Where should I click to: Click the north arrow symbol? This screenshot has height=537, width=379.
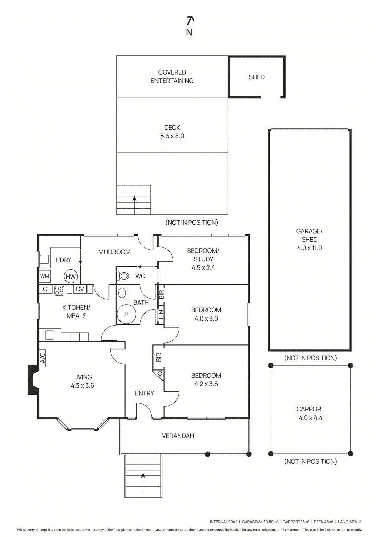[x=190, y=21]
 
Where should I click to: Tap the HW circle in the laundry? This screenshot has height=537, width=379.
[x=71, y=277]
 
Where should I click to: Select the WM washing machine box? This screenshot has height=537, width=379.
[x=45, y=276]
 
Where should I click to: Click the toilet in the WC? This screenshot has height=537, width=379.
[x=123, y=276]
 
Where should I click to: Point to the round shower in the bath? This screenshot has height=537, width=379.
[x=126, y=314]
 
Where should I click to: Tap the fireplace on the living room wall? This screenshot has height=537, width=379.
[x=33, y=380]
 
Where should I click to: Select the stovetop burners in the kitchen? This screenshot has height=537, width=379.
[x=59, y=290]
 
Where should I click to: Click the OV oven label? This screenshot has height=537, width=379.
[x=80, y=289]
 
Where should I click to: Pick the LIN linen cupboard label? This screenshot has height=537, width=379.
[x=161, y=314]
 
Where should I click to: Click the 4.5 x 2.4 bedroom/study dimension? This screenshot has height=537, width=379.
[x=203, y=267]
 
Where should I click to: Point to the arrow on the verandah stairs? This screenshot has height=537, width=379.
[x=143, y=476]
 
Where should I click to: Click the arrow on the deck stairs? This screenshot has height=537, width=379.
[x=134, y=199]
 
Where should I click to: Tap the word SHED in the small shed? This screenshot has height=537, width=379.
[x=256, y=77]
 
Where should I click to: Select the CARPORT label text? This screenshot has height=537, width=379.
[x=310, y=409]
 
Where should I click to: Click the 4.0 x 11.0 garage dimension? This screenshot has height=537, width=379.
[x=309, y=248]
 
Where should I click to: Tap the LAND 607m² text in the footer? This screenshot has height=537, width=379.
[x=349, y=522]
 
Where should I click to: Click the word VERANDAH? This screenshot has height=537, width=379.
[x=178, y=436]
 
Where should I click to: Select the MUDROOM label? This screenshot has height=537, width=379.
[x=114, y=252]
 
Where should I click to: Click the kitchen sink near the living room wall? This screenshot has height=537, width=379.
[x=50, y=335]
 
